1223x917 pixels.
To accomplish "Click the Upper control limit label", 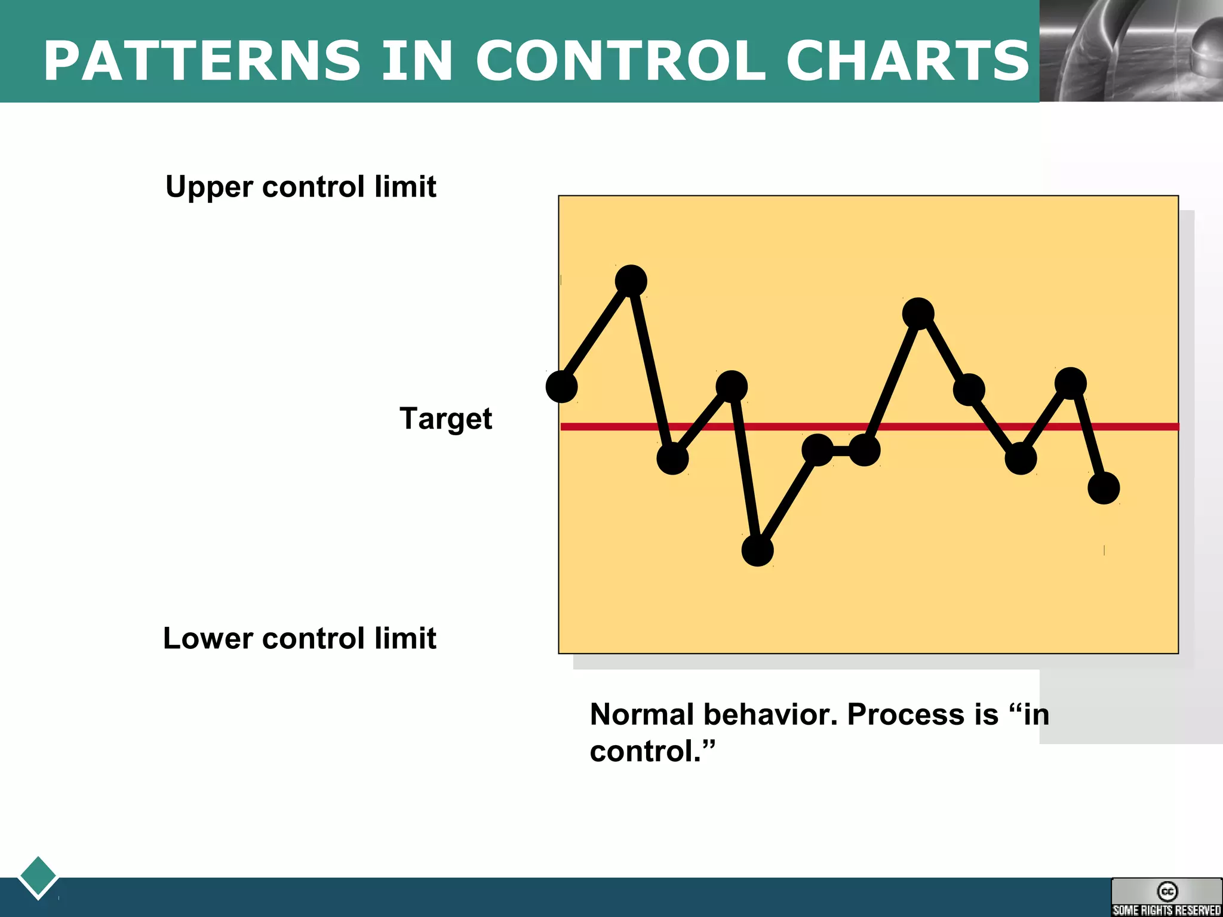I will point(300,187).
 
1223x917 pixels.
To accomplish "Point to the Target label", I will point(445,419).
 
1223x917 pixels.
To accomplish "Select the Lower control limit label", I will point(299,638).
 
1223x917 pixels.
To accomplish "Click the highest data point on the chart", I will point(631,281).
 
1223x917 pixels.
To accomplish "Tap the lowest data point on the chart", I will point(757,550).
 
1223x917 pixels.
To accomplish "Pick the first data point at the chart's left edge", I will point(561,387).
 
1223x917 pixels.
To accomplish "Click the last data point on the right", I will point(1104,488).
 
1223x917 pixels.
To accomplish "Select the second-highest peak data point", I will point(918,313).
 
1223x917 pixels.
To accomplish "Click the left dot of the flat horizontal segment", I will point(818,450).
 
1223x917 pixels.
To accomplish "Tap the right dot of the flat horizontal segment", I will point(864,450).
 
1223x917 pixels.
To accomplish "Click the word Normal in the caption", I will point(642,714).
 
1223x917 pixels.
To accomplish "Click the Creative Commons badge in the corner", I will point(1166,897).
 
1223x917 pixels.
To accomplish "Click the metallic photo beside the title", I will point(1131,51).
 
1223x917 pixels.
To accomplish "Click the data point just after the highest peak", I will point(672,458).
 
